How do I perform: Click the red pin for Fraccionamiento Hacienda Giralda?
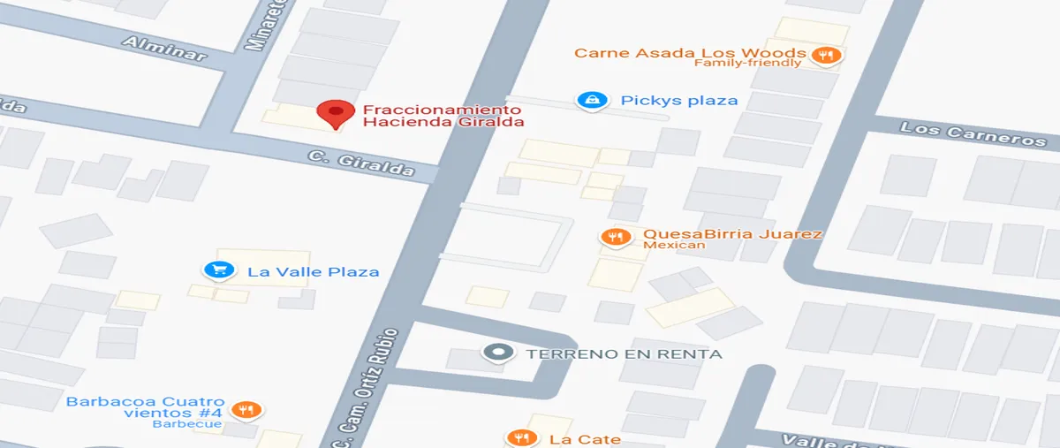click(x=335, y=113)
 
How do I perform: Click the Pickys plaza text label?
click(x=678, y=100)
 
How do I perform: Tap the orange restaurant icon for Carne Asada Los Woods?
click(x=828, y=56)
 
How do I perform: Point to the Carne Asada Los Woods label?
click(x=690, y=52)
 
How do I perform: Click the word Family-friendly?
click(x=747, y=63)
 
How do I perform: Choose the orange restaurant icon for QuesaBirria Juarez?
click(x=614, y=237)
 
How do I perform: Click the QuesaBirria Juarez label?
click(x=732, y=234)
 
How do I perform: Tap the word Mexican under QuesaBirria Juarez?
click(x=674, y=245)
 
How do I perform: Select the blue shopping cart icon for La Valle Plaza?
click(x=216, y=270)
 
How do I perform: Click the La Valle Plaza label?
click(x=313, y=271)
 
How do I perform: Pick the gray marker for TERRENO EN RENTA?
click(x=497, y=353)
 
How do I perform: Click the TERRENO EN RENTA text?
click(x=624, y=354)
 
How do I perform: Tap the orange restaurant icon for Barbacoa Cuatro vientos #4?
click(x=246, y=410)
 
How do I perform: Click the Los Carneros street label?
click(x=973, y=135)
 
